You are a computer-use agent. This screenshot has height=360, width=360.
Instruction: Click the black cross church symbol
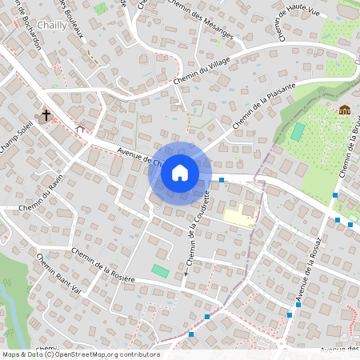(x=46, y=115)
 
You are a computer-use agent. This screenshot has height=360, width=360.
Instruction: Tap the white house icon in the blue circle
(x=179, y=173)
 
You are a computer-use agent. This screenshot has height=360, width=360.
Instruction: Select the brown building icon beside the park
(x=344, y=110)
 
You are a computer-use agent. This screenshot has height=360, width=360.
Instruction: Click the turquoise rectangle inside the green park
(x=298, y=131)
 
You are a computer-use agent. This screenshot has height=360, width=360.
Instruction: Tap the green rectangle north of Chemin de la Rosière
(x=161, y=272)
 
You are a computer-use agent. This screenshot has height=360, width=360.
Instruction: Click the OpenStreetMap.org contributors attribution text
(x=104, y=354)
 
